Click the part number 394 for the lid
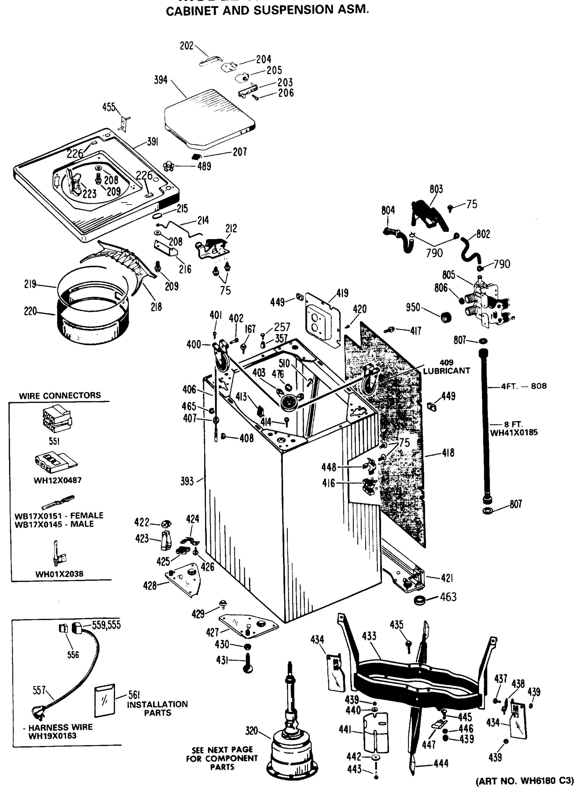point(161,80)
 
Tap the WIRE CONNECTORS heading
point(60,395)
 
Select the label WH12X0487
point(58,480)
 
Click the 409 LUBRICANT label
point(446,367)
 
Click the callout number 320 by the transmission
point(252,731)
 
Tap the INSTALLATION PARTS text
point(157,708)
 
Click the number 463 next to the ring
point(448,597)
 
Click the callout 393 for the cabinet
point(187,481)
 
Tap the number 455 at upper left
point(109,107)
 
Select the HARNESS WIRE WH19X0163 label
point(57,732)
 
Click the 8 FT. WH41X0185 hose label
point(514,428)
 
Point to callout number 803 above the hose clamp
point(436,189)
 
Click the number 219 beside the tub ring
point(30,284)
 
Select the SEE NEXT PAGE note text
point(222,758)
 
